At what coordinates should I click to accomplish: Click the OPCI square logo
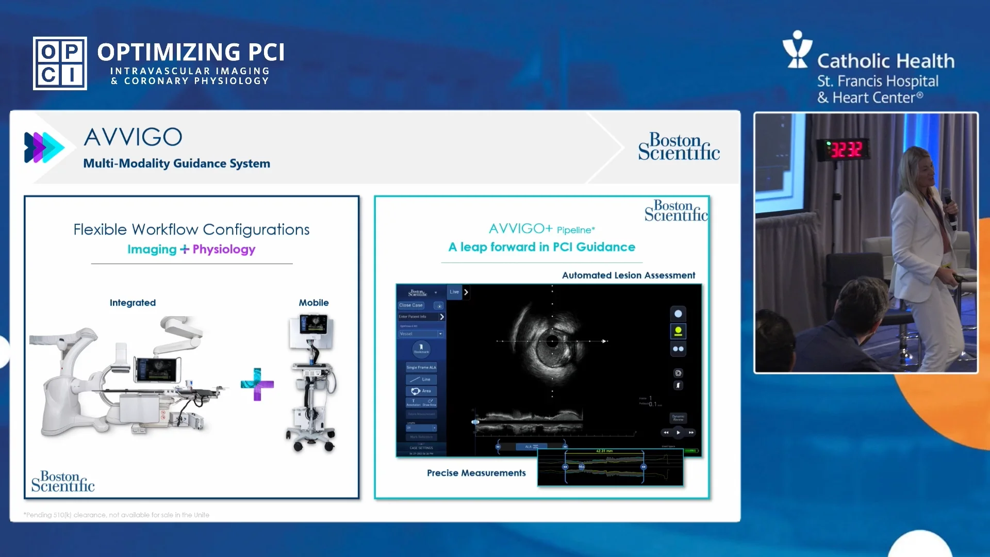pos(60,63)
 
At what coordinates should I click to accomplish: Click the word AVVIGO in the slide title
pos(133,137)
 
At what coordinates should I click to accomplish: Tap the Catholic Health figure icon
pos(797,50)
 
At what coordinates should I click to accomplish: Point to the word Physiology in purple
pos(224,249)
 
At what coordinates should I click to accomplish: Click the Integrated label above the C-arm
pos(133,303)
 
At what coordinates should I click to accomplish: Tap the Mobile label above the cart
pos(313,303)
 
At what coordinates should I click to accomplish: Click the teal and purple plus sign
pos(257,384)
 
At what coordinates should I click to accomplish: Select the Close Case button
pos(411,305)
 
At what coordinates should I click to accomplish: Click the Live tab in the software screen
pos(454,292)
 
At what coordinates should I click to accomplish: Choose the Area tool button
pos(421,391)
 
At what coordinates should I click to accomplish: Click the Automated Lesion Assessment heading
pos(628,275)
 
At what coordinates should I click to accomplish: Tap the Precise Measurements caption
pos(476,473)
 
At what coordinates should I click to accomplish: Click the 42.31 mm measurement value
pos(604,451)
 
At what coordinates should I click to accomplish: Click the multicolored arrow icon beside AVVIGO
pos(44,148)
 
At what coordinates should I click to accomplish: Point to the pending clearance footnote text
pos(116,515)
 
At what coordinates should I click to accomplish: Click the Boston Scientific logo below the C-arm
pos(63,481)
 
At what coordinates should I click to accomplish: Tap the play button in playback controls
pos(678,433)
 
